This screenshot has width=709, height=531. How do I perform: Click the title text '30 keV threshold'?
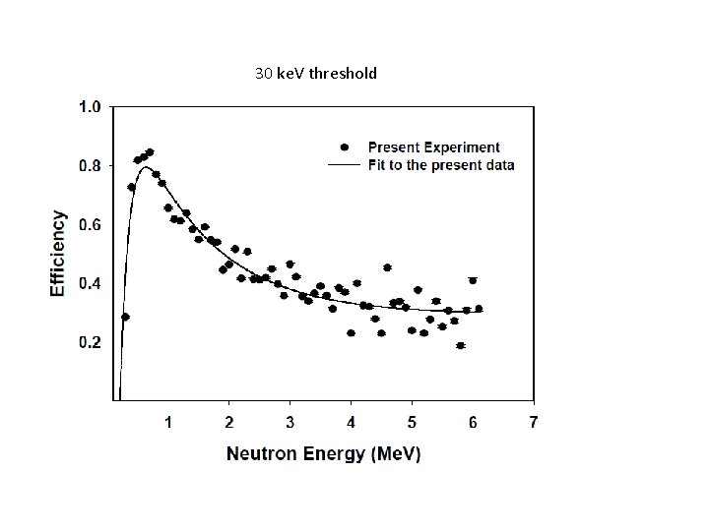tap(315, 74)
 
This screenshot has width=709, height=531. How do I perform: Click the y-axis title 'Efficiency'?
tap(59, 253)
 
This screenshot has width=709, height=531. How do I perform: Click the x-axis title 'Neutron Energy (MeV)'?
tap(324, 453)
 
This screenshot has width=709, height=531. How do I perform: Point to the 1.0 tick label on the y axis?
tap(90, 107)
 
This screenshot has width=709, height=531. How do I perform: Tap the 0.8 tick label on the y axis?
tap(90, 166)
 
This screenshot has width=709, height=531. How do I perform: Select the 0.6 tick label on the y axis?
tap(90, 225)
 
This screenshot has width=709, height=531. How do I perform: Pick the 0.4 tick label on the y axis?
tap(90, 284)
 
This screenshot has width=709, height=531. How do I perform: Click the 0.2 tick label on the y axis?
tap(90, 342)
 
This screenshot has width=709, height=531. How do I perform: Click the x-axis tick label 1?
tap(168, 423)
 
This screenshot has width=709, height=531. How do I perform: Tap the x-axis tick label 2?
tap(229, 423)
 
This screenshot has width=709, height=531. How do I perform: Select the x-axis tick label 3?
tap(290, 423)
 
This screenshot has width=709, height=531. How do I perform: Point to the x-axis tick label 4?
tap(352, 423)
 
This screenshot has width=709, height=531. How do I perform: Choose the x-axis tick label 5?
tap(413, 423)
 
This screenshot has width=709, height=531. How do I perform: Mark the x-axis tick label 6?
tap(474, 423)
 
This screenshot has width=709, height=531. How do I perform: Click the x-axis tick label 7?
tap(534, 423)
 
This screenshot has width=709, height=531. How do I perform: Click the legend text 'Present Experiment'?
tap(434, 148)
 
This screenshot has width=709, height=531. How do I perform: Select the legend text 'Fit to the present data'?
tap(440, 165)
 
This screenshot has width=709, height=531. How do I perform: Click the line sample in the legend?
tap(344, 165)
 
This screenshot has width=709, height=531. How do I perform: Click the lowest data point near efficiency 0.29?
tap(125, 317)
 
